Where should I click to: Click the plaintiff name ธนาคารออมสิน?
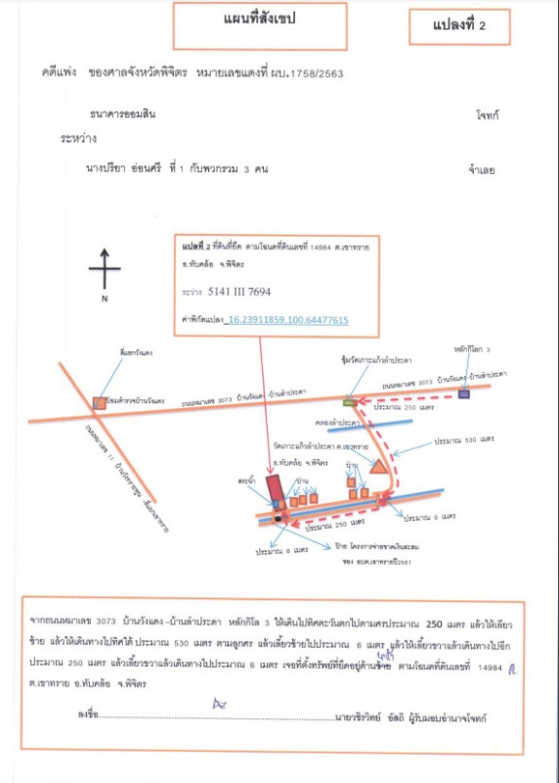point(123,115)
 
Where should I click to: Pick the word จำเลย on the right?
point(482,169)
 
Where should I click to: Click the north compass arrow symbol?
point(105,269)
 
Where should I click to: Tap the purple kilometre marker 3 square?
point(462,393)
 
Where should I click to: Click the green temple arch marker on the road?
point(350,400)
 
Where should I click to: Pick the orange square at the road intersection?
point(99,402)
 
